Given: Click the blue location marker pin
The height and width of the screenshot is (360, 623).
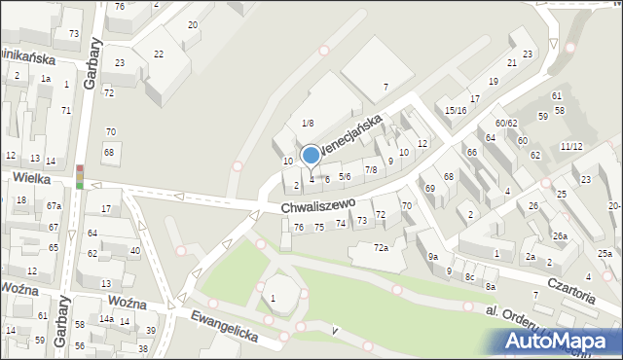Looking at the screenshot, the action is [311, 156].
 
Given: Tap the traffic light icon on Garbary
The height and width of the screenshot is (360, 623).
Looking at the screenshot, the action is [80, 176].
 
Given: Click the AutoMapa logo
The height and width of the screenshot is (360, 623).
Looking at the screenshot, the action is [558, 341].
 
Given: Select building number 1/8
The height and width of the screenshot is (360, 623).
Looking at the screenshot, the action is [308, 123].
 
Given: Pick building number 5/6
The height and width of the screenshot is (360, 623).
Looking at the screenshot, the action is [345, 176].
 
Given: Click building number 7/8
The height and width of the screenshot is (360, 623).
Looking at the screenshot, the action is [370, 170].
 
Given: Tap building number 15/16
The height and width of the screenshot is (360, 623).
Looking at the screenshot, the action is [456, 111].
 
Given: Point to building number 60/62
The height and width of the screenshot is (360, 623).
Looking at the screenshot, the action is [506, 124].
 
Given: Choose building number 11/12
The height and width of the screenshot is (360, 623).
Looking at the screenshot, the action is [571, 146].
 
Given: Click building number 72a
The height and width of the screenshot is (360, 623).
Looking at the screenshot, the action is [382, 248].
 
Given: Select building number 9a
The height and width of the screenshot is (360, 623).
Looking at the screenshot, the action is [432, 256].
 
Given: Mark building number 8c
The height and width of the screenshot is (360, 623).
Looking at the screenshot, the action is [469, 276].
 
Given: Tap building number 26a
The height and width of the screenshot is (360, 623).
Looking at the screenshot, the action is [560, 236].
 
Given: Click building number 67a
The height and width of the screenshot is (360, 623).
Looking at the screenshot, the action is [54, 206].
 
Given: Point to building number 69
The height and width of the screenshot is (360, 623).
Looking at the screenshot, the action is [429, 187].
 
